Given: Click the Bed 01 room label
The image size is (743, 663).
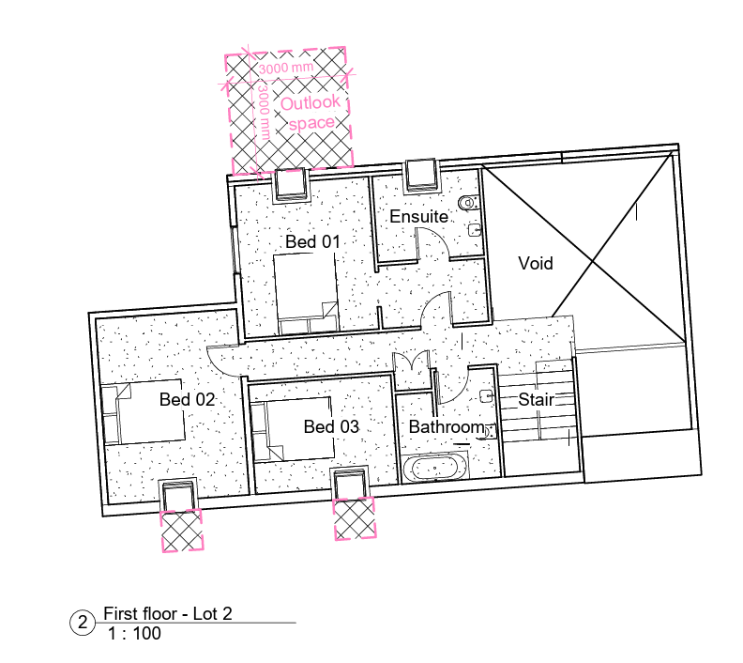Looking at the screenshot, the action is pos(312,242).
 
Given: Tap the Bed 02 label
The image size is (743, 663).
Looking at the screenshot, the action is pos(188,399).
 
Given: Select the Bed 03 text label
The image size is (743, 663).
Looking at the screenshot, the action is pos(331,426).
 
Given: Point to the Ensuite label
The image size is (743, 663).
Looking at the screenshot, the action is pos(419,216).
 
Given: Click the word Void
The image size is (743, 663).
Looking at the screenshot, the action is pos(536,263).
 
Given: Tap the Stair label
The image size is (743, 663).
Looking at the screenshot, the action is pos(536,399).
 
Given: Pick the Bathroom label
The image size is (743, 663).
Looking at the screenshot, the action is pos(447,427).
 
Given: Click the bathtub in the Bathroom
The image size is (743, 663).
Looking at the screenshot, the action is pos(434,467).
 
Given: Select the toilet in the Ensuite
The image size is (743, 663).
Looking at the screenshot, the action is pos(469,203).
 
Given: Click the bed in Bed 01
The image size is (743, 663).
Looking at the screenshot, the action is pos(306,294).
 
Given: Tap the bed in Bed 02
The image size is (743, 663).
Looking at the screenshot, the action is pos(144,411).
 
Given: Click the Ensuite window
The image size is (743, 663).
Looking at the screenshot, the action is pos(421,176).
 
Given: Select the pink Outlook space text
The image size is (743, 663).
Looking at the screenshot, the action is pos(311,113).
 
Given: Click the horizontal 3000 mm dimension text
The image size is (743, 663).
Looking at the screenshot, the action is pos(286,68).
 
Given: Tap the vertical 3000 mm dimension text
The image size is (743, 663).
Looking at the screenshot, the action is pos(264,113).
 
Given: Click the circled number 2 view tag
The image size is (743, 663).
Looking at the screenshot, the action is pos(83,623).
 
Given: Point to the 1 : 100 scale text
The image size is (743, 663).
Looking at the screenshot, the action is pos(134,634).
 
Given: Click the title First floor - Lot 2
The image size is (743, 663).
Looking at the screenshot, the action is pos(168,613).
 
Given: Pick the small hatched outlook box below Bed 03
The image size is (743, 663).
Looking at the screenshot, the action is pos(355,518).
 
